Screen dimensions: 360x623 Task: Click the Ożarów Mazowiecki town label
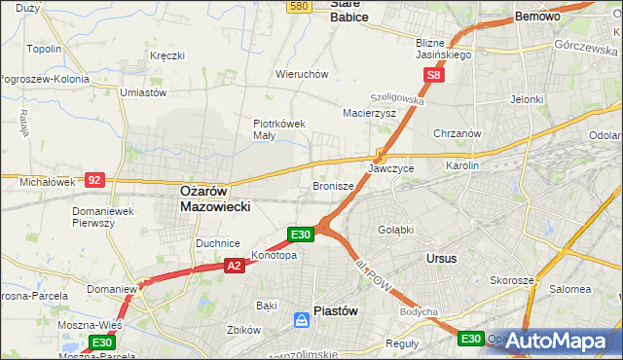coord(216,199)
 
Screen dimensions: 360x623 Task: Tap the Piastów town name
coord(336,311)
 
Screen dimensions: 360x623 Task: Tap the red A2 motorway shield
coord(234,264)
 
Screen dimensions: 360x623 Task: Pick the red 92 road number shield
coord(94,180)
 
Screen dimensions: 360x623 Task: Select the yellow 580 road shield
coord(299,6)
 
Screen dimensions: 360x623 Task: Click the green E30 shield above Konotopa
coord(300,234)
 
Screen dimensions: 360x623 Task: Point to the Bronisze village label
coord(333,185)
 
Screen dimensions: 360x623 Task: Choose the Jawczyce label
coord(391,168)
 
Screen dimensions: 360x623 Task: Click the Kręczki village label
coord(167,55)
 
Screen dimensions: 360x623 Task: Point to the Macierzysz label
coord(369,113)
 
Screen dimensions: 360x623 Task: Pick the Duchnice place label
coord(218,243)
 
